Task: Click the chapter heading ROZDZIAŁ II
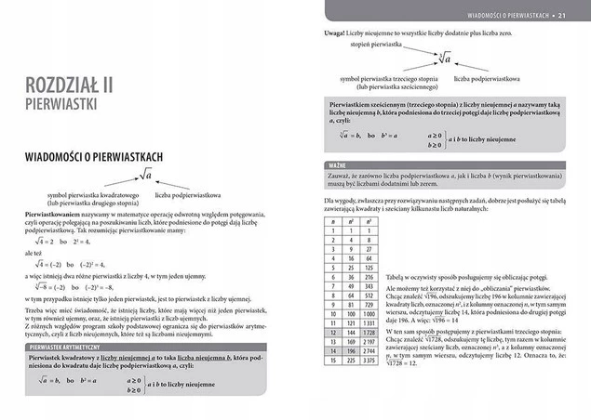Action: coord(71,85)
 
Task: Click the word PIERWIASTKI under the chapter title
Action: coord(64,104)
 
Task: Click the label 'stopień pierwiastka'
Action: coord(375,44)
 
